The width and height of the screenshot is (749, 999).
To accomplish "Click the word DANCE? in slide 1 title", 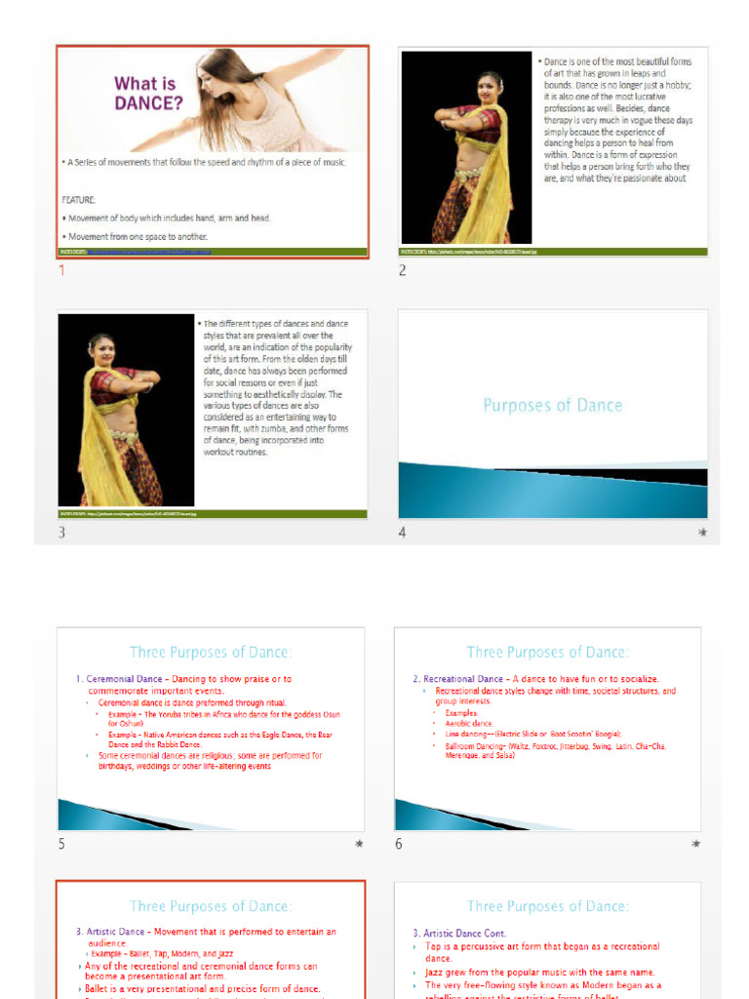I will point(146,102).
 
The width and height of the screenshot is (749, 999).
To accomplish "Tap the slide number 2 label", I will point(401,270).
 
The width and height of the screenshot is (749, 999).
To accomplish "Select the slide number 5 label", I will point(61,844).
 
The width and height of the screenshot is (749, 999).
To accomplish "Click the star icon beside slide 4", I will point(702,533).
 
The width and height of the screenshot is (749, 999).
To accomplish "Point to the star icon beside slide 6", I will point(695,844).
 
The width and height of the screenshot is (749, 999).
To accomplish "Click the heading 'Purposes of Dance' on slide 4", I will point(552,405).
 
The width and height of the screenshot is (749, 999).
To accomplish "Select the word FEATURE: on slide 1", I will point(79,199).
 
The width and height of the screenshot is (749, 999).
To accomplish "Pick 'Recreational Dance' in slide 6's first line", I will point(463,679).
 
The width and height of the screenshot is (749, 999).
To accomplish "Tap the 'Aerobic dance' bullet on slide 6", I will point(469,724).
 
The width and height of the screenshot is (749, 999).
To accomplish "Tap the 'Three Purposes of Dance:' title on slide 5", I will point(211,652).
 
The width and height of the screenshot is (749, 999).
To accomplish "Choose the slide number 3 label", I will point(61,533).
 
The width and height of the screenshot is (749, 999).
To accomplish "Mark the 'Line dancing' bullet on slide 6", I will point(467,734).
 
